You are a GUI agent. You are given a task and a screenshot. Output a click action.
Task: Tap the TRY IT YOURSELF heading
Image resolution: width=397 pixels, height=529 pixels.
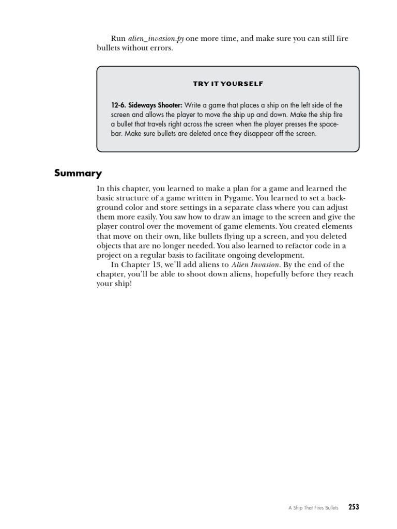coord(228,84)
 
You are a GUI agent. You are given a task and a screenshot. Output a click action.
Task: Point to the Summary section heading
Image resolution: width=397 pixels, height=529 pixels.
coord(78,174)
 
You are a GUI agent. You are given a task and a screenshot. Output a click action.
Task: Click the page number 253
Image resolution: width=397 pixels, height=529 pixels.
coord(354,507)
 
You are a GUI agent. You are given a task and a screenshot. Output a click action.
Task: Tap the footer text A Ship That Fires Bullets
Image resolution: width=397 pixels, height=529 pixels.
coord(314,508)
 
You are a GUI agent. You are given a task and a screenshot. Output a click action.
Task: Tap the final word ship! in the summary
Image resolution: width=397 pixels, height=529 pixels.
coord(124,284)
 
